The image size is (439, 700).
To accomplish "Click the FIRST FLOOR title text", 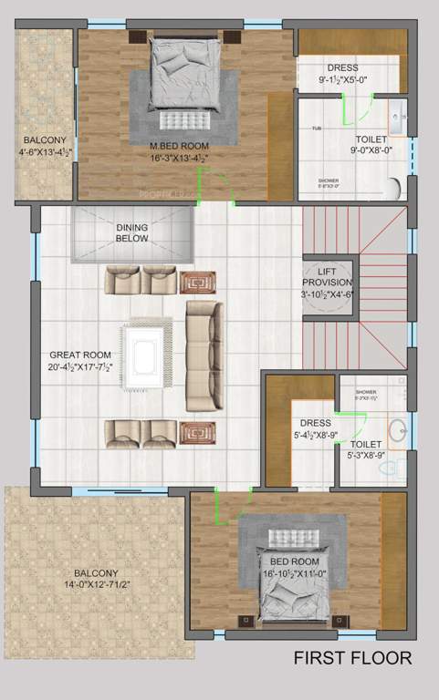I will point(351,658).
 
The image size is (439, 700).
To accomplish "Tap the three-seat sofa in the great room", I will point(203,356).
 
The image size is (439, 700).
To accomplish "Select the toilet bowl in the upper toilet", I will point(393,188).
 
